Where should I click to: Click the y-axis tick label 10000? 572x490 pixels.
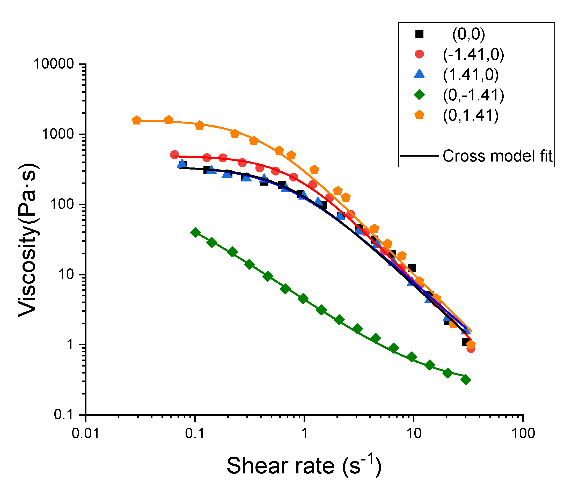(50, 64)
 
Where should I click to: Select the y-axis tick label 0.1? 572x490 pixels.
(64, 415)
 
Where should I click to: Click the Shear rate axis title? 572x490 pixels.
(304, 466)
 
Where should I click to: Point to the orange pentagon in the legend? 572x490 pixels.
(419, 115)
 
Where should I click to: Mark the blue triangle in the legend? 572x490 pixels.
(419, 74)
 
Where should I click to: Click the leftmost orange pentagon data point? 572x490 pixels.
(136, 120)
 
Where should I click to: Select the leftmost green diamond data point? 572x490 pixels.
(195, 232)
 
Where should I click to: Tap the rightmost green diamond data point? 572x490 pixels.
(466, 380)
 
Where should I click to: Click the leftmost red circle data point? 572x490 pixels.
(174, 155)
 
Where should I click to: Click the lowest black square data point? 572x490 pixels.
(465, 342)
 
